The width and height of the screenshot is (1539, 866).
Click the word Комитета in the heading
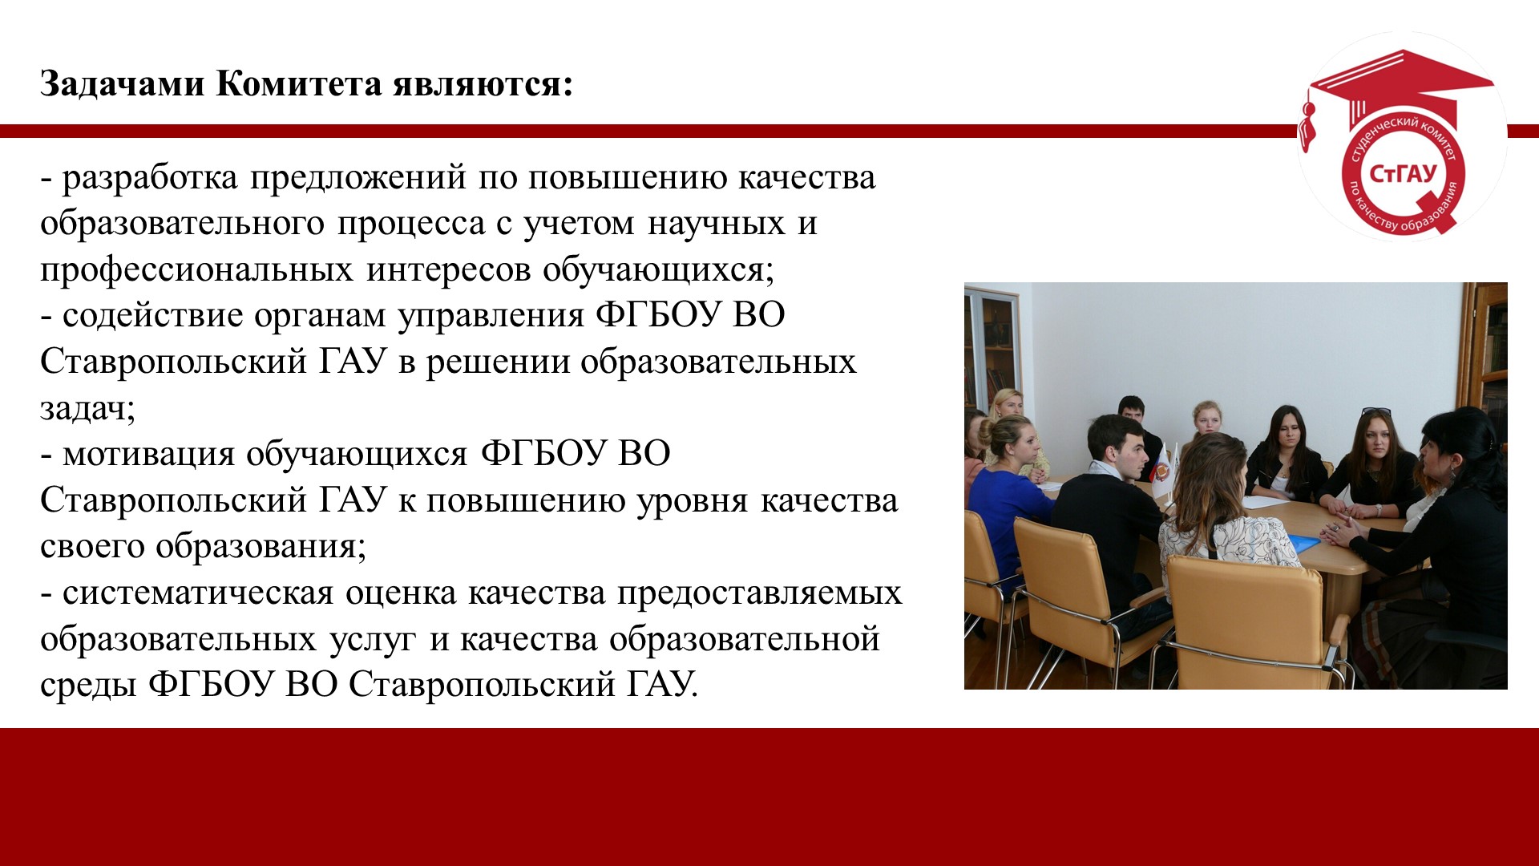(x=299, y=83)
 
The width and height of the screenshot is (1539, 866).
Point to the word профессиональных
(x=196, y=270)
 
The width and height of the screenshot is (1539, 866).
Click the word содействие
(x=152, y=316)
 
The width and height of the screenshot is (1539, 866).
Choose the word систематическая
(x=197, y=593)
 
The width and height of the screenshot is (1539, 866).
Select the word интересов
(x=449, y=270)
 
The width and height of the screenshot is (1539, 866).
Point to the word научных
(x=717, y=224)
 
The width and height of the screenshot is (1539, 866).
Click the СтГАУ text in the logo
(x=1403, y=173)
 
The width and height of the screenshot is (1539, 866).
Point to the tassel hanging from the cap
(x=1307, y=124)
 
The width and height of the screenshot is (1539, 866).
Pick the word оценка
(x=400, y=593)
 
